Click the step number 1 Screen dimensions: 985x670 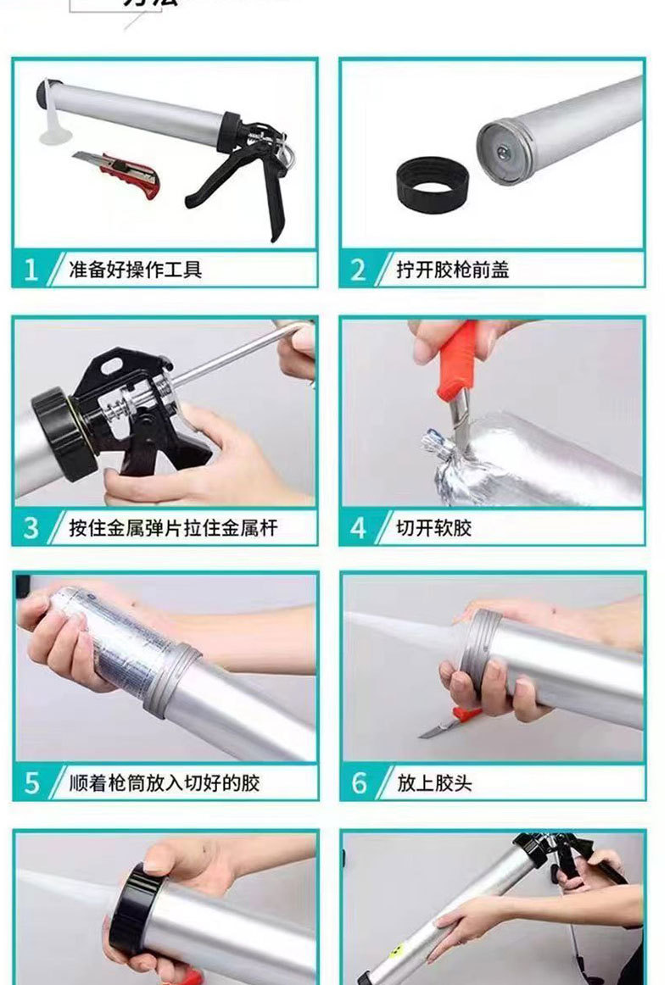point(31,270)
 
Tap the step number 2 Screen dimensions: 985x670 point(359,270)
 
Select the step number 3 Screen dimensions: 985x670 point(31,528)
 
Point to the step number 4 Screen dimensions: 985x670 point(359,528)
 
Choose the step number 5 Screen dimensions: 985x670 point(31,782)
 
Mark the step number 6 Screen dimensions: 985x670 point(359,782)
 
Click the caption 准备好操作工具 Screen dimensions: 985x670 point(136,270)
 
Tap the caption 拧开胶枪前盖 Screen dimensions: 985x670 point(453,270)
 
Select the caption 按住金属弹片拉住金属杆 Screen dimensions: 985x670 point(173,528)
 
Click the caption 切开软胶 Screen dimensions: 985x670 point(434,528)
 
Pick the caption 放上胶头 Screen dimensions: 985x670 point(434,782)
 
